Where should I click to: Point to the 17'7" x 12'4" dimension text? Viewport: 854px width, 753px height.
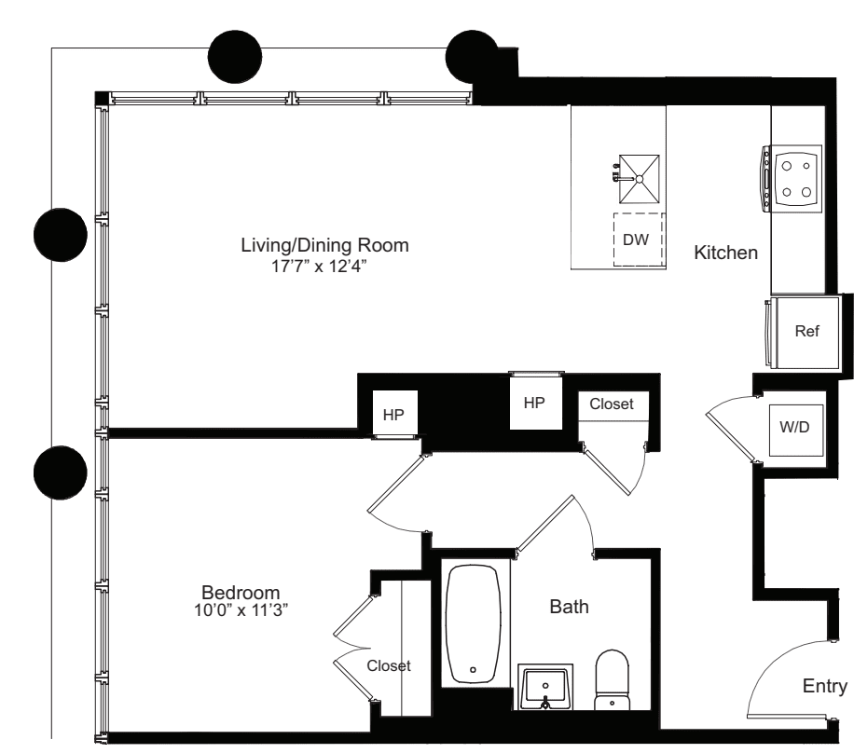[x=324, y=267]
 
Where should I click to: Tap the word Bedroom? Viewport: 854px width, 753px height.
[x=241, y=593]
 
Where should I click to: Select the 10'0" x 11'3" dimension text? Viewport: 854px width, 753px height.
[x=241, y=611]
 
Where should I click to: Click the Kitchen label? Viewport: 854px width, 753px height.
[x=725, y=253]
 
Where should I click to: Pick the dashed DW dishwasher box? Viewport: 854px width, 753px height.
[x=637, y=240]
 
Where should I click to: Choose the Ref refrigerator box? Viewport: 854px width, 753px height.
[x=805, y=332]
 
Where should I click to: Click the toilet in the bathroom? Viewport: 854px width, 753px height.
[x=613, y=680]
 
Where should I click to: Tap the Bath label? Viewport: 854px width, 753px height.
[x=568, y=608]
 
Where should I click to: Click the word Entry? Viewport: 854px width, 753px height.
[x=824, y=687]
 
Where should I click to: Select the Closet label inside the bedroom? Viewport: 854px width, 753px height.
[x=388, y=666]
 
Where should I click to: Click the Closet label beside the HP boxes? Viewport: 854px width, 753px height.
[x=612, y=404]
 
